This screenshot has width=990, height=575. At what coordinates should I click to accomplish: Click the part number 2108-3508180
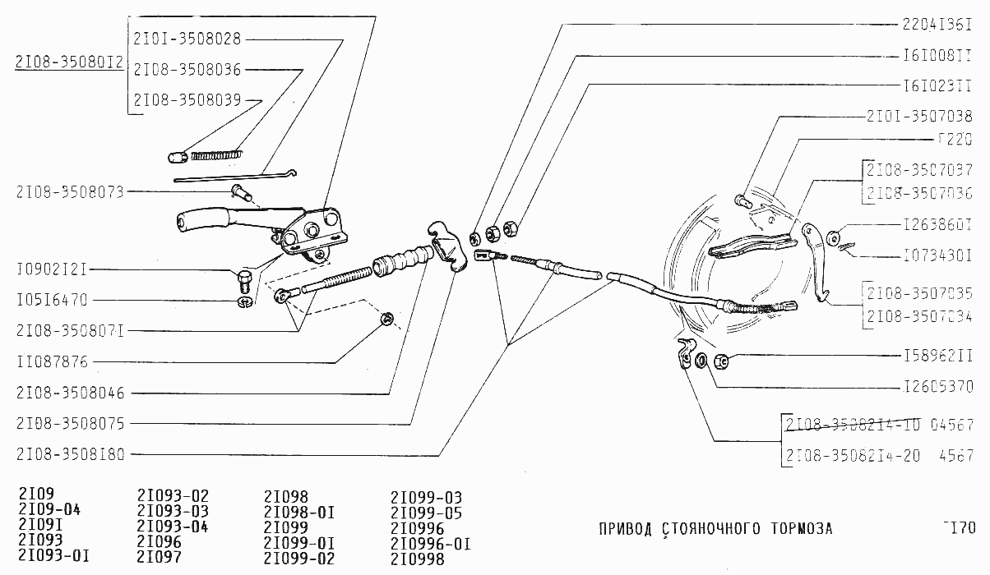[x=70, y=454]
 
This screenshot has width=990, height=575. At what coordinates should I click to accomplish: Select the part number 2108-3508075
[x=70, y=424]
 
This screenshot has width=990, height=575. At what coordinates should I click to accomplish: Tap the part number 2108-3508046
[x=70, y=393]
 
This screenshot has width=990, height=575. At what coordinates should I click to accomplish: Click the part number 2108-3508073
[x=70, y=192]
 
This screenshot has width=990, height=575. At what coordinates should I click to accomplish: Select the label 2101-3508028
[x=187, y=38]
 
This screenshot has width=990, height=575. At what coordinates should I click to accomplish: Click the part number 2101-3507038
[x=919, y=117]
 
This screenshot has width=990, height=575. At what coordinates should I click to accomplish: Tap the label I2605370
[x=937, y=385]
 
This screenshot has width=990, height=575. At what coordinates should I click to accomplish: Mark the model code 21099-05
[x=426, y=513]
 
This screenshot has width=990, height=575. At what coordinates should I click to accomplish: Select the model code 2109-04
[x=49, y=510]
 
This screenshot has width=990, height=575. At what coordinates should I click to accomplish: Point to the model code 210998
[x=418, y=559]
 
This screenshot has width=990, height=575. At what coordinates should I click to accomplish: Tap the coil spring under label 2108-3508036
[x=217, y=152]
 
